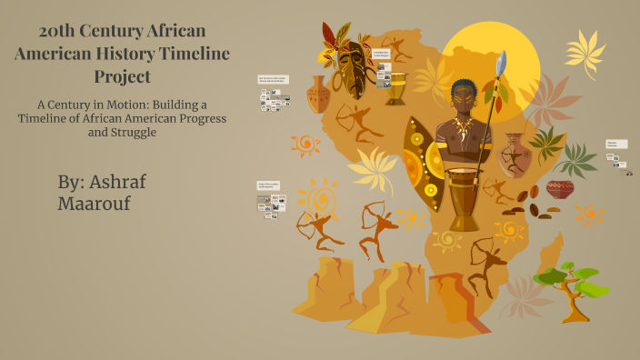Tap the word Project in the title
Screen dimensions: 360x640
(122, 76)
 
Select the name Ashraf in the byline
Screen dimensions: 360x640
(115, 181)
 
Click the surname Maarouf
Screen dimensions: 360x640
(94, 203)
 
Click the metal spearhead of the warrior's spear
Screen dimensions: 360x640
(499, 65)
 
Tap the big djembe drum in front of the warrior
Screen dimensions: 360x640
(464, 200)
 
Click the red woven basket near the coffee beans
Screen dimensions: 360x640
(560, 189)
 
